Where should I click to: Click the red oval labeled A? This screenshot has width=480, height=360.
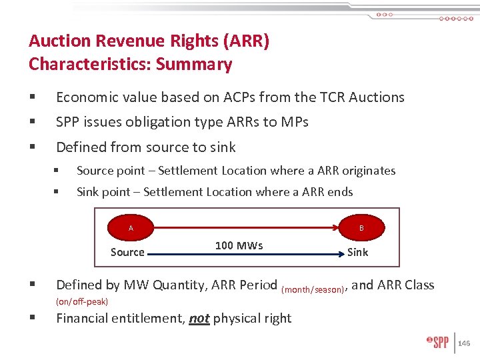(131, 228)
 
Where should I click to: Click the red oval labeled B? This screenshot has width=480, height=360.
(361, 228)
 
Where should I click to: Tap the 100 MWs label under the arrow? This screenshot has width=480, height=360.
(239, 245)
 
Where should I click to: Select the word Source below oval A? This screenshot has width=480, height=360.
(127, 252)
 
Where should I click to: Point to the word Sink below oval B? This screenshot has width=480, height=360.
(358, 252)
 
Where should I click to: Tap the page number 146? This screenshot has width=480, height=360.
(464, 343)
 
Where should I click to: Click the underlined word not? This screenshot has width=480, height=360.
(199, 318)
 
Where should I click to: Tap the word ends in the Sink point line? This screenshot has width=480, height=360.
(339, 192)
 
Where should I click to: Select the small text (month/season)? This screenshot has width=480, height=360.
(313, 289)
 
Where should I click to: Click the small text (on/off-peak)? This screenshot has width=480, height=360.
(82, 301)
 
